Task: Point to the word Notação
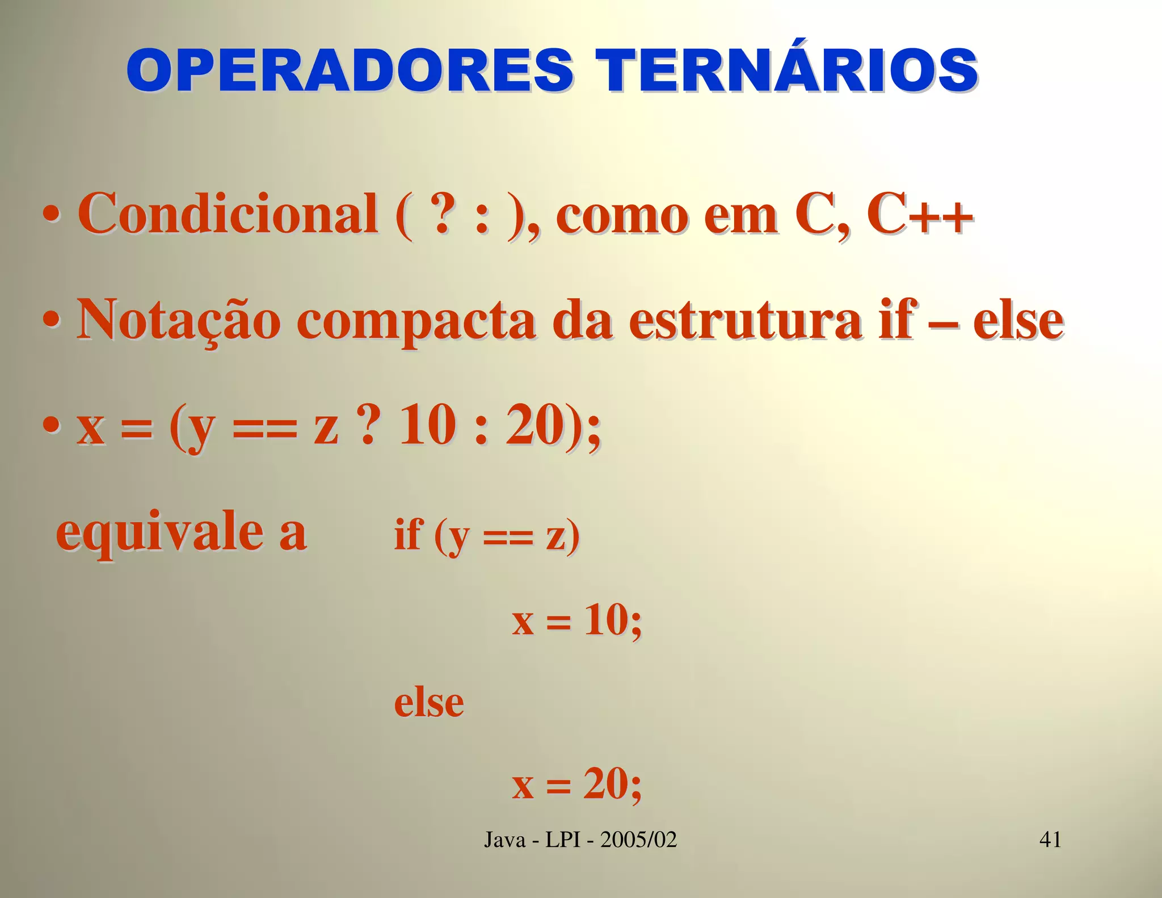tap(179, 320)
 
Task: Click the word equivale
tap(159, 534)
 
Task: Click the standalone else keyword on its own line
tap(429, 702)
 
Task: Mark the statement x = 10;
tap(576, 620)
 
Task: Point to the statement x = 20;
tap(576, 784)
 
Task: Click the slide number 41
tap(1050, 839)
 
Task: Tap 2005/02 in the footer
tap(638, 840)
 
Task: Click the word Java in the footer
tap(504, 840)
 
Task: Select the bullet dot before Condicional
tap(52, 218)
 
